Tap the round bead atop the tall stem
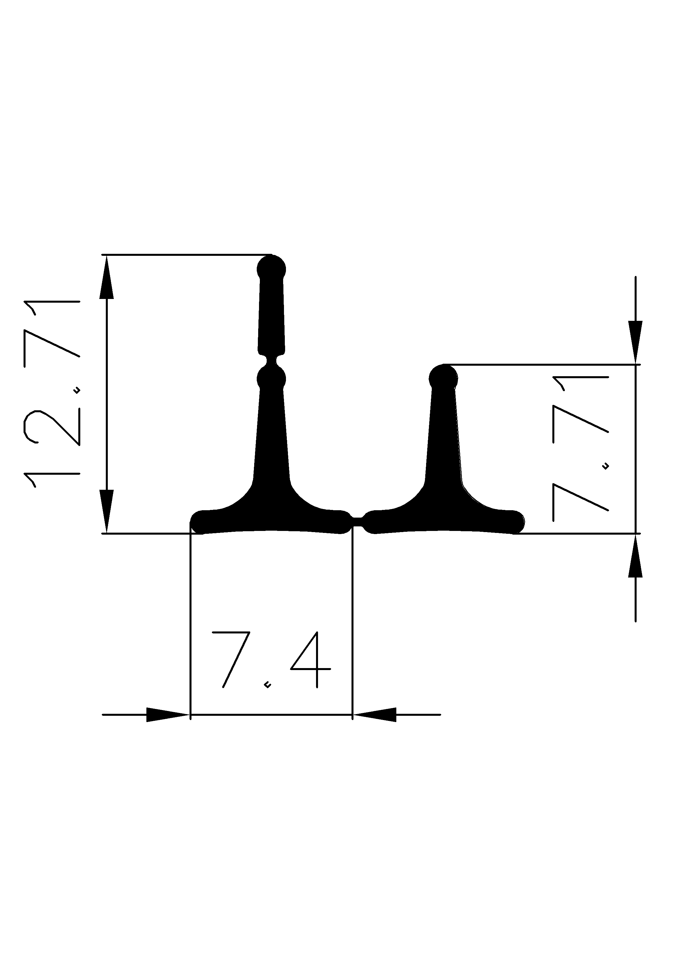pos(271,269)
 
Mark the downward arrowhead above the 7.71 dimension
pos(635,342)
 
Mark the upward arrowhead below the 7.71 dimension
pos(635,556)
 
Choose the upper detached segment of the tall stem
pos(271,314)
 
